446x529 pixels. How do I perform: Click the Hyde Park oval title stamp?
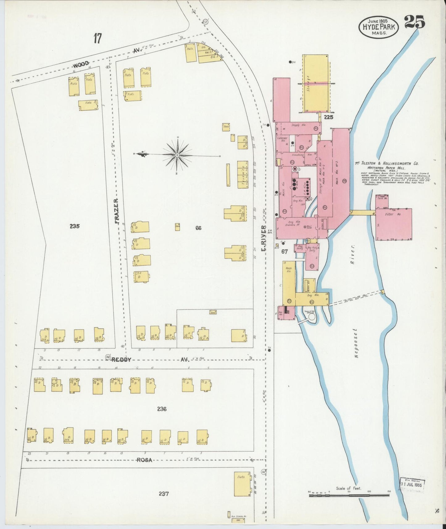(378, 27)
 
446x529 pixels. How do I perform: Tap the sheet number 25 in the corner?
(414, 22)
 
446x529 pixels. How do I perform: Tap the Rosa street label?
(144, 460)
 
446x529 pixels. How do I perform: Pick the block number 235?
(74, 226)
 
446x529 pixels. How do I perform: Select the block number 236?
(162, 409)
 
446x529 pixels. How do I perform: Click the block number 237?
(164, 494)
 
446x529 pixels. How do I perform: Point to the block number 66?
(198, 228)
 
